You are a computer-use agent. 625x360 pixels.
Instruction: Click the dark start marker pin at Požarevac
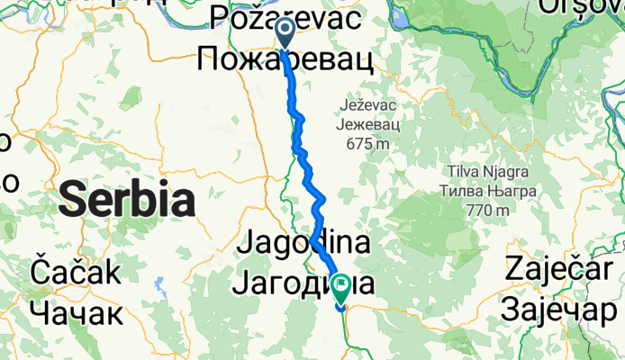[284, 33]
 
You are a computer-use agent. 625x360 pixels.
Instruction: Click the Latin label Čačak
[75, 271]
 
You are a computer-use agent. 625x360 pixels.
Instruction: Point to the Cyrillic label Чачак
[75, 313]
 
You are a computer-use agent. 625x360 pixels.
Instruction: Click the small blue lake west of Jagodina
[160, 285]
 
